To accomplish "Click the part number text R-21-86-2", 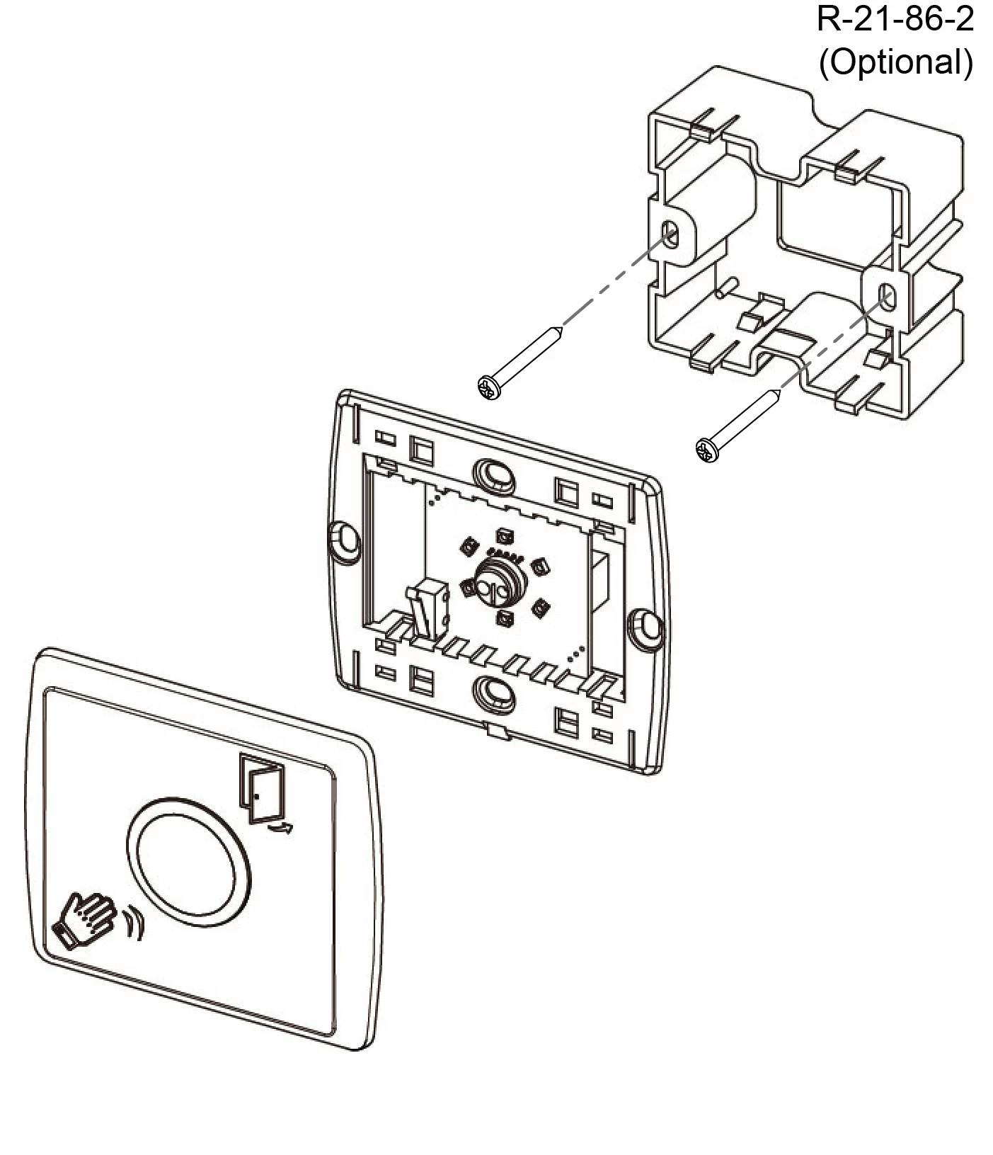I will tap(895, 19).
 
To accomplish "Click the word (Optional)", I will tap(895, 62).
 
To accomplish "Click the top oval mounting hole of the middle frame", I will tap(494, 472).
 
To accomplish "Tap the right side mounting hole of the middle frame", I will tap(645, 622).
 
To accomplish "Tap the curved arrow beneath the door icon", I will tap(280, 826).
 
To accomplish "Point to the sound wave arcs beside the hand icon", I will tap(134, 923).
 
